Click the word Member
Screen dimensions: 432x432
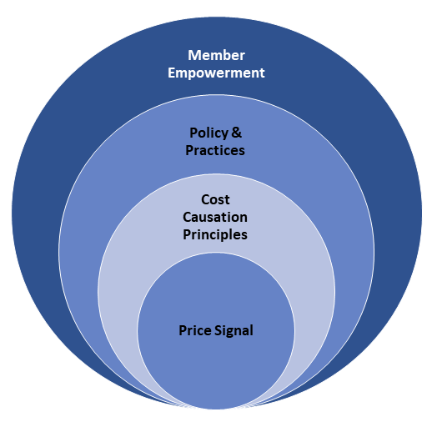[216, 55]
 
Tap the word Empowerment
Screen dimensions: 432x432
[216, 73]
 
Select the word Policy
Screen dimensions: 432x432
[208, 133]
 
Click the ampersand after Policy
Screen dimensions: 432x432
[236, 133]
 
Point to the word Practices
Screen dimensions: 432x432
[215, 150]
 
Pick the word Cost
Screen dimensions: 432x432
[215, 199]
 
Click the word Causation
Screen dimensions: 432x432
[215, 217]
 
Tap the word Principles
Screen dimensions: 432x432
[215, 235]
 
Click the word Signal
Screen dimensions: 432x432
[234, 331]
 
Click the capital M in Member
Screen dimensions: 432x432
[193, 55]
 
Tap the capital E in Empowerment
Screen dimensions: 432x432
[172, 73]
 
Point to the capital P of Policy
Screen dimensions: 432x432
[193, 133]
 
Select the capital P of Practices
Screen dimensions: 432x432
[189, 150]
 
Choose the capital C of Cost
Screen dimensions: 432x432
[205, 199]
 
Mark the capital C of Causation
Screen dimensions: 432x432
[187, 217]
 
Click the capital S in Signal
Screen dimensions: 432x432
[218, 330]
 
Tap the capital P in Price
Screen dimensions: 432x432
[183, 330]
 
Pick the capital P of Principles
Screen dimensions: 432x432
[187, 234]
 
